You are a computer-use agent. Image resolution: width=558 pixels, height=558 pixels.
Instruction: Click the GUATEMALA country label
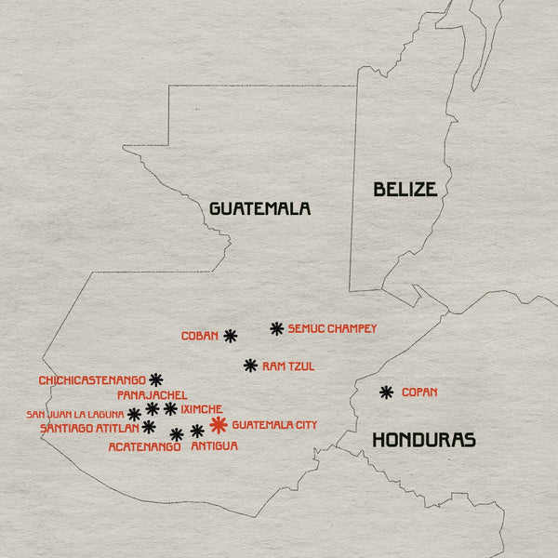click(x=259, y=208)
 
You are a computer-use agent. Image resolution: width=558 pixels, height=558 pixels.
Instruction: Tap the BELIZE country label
click(x=405, y=190)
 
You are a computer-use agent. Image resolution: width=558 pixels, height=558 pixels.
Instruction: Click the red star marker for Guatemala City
click(x=219, y=425)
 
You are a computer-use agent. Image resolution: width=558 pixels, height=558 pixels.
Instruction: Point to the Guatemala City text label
click(x=274, y=425)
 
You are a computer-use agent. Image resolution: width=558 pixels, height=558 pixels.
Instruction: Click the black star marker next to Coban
click(x=231, y=336)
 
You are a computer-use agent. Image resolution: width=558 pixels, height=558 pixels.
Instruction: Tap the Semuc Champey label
click(x=332, y=328)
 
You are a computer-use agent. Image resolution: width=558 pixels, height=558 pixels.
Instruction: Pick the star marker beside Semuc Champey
click(x=276, y=328)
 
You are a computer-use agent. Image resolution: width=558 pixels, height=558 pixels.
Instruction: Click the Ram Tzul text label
click(x=288, y=366)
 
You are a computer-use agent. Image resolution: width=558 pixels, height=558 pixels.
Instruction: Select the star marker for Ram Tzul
click(x=250, y=365)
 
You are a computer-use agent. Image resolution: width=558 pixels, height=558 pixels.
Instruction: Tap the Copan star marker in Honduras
click(x=386, y=392)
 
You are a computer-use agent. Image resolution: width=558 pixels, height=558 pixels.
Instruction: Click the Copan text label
click(x=419, y=392)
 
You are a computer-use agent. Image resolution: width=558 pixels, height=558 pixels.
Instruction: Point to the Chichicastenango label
click(x=92, y=380)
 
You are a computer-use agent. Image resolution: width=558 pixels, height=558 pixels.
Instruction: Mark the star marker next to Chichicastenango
click(x=156, y=379)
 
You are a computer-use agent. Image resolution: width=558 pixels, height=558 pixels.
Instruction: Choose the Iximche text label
click(x=202, y=408)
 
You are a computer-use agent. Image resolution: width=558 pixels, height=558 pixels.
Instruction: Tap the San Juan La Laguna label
click(x=74, y=414)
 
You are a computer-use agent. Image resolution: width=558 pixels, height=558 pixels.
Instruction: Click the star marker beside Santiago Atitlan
click(x=149, y=427)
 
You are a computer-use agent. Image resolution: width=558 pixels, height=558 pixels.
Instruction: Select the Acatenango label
click(x=144, y=447)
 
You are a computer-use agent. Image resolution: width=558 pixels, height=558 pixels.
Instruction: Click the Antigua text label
click(x=214, y=446)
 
